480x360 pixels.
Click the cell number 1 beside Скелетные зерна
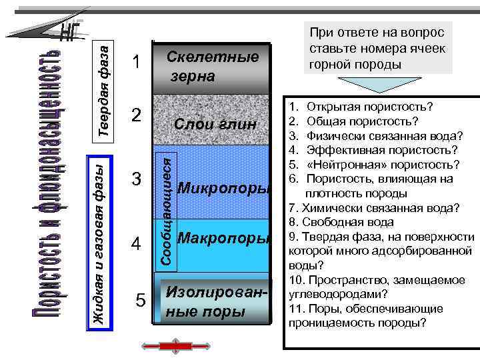click(x=136, y=63)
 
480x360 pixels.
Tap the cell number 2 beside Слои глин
click(x=136, y=115)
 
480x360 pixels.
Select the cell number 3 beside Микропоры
click(x=137, y=180)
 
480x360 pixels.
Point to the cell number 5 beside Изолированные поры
click(x=140, y=301)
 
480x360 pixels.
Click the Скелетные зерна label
click(x=212, y=67)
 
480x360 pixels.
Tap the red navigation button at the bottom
click(x=175, y=345)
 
